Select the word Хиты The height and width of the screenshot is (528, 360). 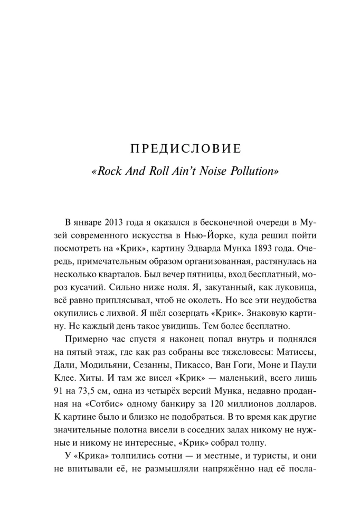pos(92,380)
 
